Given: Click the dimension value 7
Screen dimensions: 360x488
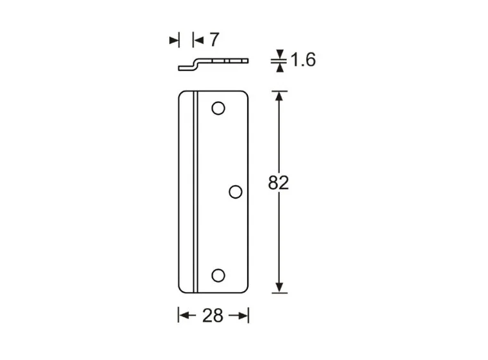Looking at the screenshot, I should point(213,40).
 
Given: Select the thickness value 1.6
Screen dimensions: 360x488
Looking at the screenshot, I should point(303,60).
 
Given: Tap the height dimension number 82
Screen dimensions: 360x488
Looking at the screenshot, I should point(279,183).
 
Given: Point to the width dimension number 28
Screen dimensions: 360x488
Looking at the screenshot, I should point(213,315).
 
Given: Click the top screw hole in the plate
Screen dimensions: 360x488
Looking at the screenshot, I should point(218,108).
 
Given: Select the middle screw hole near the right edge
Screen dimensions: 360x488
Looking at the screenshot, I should point(235,191).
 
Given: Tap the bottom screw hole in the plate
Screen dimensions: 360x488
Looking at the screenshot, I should point(218,275).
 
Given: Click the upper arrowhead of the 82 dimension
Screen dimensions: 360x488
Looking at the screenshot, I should point(279,96).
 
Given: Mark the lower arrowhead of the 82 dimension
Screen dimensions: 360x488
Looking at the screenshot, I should point(279,288).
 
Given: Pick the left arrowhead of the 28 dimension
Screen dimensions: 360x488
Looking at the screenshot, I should point(183,315).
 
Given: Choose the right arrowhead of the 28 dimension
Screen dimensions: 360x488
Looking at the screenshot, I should point(243,315).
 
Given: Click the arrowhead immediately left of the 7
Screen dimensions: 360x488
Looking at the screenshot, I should point(198,40).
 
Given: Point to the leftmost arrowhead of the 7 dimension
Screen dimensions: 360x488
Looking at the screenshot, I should point(174,40).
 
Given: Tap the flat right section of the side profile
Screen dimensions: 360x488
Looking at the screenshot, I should point(224,60).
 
